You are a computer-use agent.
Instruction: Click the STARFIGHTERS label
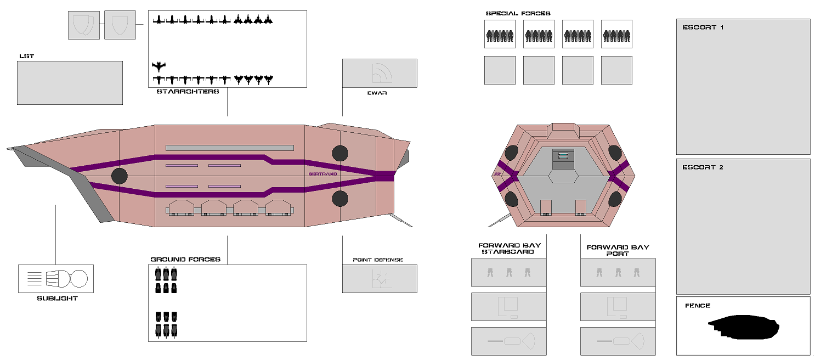click(x=188, y=92)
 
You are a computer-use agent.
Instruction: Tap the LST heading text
click(x=26, y=57)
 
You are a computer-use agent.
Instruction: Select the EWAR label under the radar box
click(x=377, y=93)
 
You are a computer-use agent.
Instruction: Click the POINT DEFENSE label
click(x=378, y=260)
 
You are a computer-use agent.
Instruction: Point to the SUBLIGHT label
click(x=57, y=299)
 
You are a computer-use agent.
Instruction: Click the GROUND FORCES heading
click(x=185, y=260)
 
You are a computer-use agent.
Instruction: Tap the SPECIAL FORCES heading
click(x=518, y=14)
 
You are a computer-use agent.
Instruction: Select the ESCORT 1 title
click(x=703, y=27)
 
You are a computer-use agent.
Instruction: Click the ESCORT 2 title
click(x=703, y=167)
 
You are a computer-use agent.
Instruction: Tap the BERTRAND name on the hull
click(x=322, y=174)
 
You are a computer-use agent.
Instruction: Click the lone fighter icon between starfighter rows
click(x=159, y=67)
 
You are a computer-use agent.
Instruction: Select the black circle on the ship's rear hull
click(x=119, y=176)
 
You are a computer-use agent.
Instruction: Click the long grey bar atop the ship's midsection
click(x=229, y=148)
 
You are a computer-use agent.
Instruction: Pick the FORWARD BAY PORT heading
click(x=618, y=250)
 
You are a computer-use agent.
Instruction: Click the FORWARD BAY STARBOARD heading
click(x=509, y=249)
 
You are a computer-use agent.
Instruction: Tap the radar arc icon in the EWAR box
click(x=381, y=72)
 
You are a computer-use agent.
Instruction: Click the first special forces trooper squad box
click(x=500, y=34)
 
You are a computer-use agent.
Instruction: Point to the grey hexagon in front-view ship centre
click(x=564, y=176)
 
